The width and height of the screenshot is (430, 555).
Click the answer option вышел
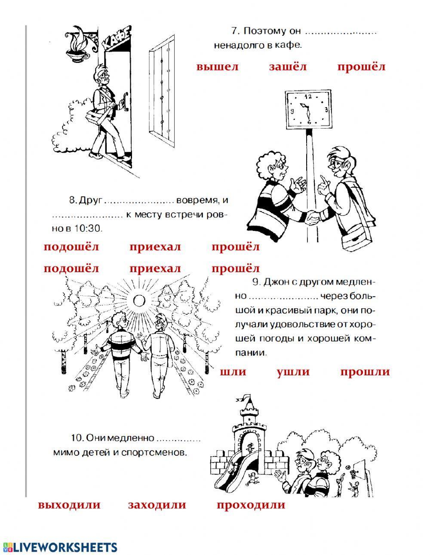pyautogui.click(x=217, y=67)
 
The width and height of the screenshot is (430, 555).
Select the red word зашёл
pyautogui.click(x=288, y=67)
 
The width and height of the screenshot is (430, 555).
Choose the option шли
pyautogui.click(x=233, y=372)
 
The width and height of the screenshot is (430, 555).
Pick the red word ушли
pyautogui.click(x=293, y=372)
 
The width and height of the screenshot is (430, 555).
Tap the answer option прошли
pyautogui.click(x=365, y=372)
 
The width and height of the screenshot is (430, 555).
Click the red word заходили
pyautogui.click(x=157, y=505)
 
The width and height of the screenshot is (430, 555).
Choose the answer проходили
pyautogui.click(x=251, y=505)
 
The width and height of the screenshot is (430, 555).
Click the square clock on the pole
pyautogui.click(x=308, y=109)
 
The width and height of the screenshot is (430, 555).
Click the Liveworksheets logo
pyautogui.click(x=60, y=546)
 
